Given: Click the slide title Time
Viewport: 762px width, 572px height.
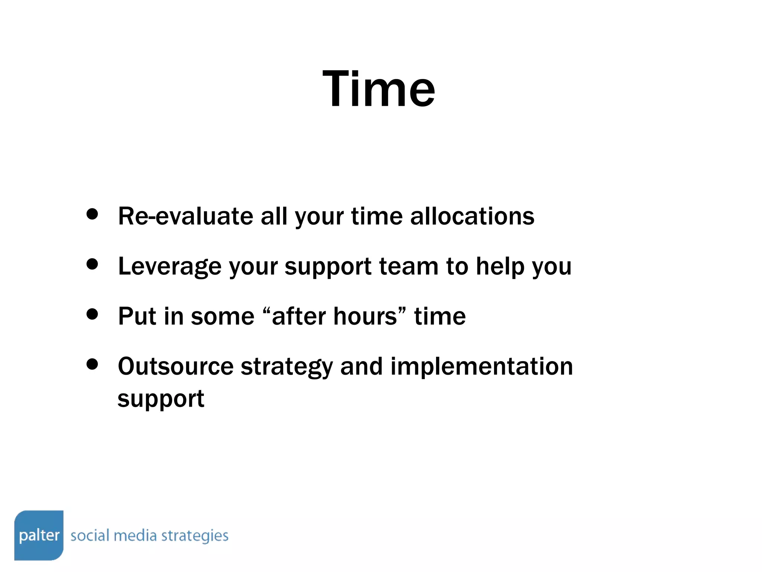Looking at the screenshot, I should pyautogui.click(x=378, y=89).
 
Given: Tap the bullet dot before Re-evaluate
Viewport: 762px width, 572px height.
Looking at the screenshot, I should pyautogui.click(x=92, y=214).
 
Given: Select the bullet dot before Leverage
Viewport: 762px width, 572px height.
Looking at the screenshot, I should pyautogui.click(x=92, y=264).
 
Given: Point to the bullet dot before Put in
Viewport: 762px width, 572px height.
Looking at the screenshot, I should pyautogui.click(x=92, y=314).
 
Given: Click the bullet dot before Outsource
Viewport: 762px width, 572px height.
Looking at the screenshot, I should pyautogui.click(x=92, y=364).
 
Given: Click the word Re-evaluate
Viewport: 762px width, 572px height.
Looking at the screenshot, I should pyautogui.click(x=185, y=216).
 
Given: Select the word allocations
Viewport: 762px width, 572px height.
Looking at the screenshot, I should pyautogui.click(x=472, y=216).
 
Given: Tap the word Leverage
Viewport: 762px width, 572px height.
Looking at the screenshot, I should pyautogui.click(x=169, y=267).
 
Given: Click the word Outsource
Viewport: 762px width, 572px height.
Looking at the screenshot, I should pyautogui.click(x=176, y=366).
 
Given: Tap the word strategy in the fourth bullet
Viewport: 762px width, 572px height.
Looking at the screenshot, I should pyautogui.click(x=286, y=367).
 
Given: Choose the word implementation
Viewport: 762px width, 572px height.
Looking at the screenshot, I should pyautogui.click(x=481, y=366).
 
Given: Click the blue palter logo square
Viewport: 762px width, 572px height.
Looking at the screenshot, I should pyautogui.click(x=39, y=535).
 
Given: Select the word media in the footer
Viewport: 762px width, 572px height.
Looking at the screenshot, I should pyautogui.click(x=135, y=536).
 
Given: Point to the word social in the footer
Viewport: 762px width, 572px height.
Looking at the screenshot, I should pyautogui.click(x=90, y=536).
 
